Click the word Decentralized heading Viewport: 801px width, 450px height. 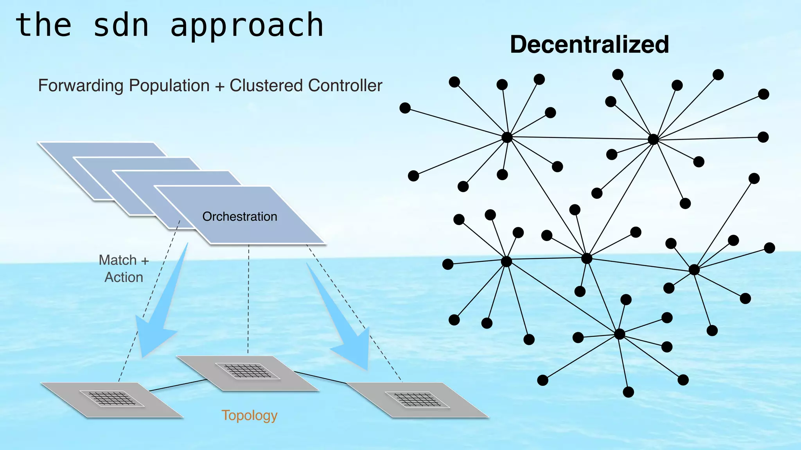coord(589,45)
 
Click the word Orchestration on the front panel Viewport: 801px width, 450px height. coord(239,216)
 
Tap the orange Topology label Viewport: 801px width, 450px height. coord(249,415)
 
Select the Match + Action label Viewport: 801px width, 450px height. coord(124,268)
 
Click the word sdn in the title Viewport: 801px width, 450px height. coord(121,25)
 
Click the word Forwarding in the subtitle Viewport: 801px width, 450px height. coord(81,86)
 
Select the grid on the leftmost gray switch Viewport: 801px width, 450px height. coord(111,398)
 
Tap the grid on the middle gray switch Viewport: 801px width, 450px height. coord(248,371)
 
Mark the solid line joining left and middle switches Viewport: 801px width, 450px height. coord(178,385)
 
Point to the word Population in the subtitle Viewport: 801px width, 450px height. coord(169,86)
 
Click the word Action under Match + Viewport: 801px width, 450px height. coord(124,277)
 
